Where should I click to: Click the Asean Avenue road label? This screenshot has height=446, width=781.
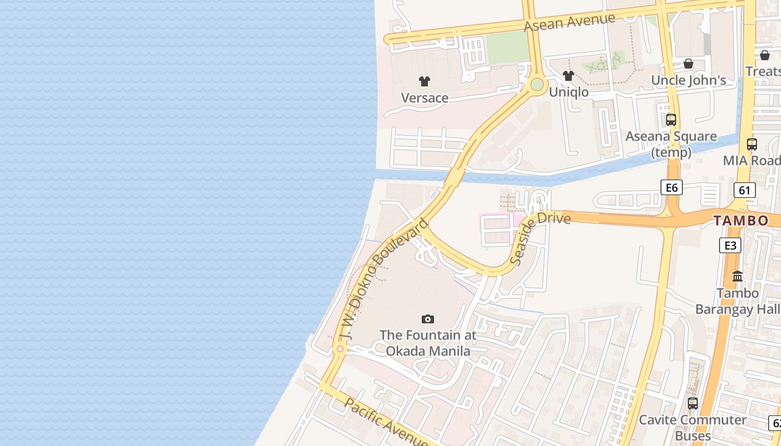pos(569,22)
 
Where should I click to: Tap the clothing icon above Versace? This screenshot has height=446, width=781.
pos(425,81)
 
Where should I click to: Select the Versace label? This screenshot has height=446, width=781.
pos(425,98)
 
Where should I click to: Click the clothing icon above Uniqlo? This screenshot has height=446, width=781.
pos(568,76)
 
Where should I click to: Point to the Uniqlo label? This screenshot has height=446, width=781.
pos(568,92)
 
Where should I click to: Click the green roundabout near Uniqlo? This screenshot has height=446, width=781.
pos(537,85)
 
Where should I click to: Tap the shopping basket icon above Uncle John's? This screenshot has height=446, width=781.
pos(688,64)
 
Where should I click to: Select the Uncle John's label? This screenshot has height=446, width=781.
pos(688,80)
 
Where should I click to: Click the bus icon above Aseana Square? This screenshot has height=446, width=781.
pos(671,119)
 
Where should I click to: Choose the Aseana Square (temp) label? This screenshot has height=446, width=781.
pos(671,144)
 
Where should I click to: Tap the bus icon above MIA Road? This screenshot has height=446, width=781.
pos(752,144)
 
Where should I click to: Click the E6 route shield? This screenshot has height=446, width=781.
pos(672,187)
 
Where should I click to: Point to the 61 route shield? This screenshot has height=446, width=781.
pos(744,190)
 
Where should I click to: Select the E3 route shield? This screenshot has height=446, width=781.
pos(730,245)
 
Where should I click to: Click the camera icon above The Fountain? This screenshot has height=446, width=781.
pos(428,319)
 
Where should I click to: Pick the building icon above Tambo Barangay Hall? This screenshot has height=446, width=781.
pos(737,276)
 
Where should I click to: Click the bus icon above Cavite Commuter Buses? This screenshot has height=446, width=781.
pos(693,403)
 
